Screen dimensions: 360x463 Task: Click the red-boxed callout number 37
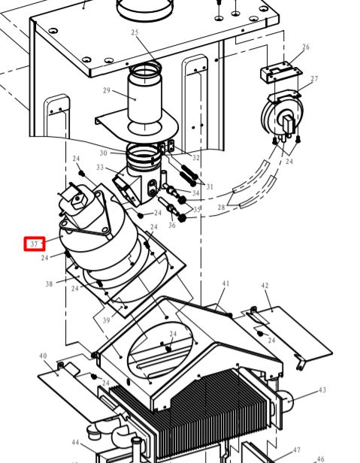[34, 244]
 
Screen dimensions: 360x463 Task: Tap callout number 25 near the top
[135, 32]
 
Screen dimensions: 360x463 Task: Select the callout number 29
[107, 90]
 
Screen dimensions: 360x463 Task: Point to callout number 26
[306, 47]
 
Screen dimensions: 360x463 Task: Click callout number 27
[314, 79]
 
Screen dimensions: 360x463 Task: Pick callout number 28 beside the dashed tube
[221, 207]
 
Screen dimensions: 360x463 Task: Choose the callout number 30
[103, 153]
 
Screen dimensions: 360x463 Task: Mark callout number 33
[100, 168]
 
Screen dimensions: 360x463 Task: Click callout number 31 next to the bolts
[210, 186]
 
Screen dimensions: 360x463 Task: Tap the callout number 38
[49, 284]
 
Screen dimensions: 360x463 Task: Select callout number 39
[106, 320]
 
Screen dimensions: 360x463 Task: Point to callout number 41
[225, 283]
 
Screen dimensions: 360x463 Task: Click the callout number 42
[265, 286]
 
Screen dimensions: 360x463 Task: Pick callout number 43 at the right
[322, 390]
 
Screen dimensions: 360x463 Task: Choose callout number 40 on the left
[43, 356]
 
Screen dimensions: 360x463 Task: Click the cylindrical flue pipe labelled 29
[145, 98]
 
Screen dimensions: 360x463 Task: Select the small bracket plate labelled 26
[281, 72]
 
